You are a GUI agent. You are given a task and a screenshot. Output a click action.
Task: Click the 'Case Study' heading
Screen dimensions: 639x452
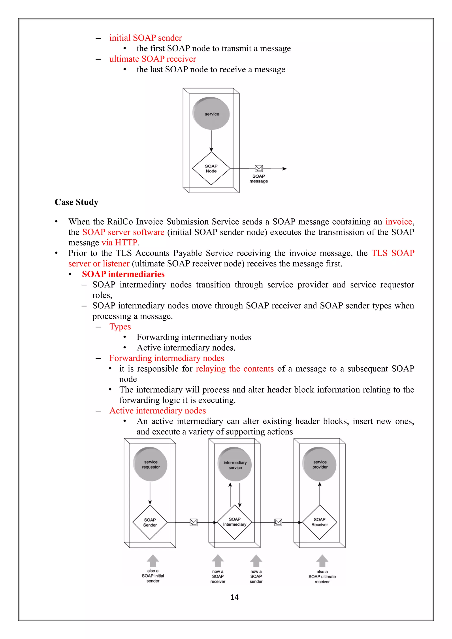[76, 202]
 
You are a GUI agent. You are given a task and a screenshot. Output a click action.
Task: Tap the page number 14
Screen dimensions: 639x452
[234, 597]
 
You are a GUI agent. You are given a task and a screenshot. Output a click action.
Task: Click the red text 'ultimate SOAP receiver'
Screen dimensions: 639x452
[153, 59]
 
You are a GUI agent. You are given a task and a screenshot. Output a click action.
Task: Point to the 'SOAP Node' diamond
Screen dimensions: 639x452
[211, 168]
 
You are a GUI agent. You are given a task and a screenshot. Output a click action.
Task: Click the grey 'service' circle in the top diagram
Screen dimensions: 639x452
[211, 114]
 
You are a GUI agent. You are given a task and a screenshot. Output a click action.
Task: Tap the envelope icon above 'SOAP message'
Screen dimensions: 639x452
[259, 168]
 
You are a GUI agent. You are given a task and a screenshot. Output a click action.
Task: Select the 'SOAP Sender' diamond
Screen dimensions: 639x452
[150, 522]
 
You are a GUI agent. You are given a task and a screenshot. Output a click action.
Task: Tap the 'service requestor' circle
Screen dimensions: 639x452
[150, 464]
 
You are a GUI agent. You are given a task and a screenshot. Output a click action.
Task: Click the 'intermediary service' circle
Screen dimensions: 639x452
[235, 464]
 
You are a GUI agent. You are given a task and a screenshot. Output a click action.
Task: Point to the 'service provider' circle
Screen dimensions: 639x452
[320, 464]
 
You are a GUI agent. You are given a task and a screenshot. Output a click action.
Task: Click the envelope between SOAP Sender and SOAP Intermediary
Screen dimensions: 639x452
[193, 522]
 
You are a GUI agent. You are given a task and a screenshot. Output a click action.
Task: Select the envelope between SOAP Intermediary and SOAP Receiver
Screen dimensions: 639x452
[278, 522]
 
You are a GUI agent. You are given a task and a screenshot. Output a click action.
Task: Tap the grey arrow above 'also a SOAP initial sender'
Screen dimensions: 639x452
[153, 560]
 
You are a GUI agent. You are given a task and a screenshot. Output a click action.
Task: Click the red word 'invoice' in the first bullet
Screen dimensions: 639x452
[399, 222]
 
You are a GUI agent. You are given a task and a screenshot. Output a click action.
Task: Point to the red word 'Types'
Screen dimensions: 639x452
[120, 327]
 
